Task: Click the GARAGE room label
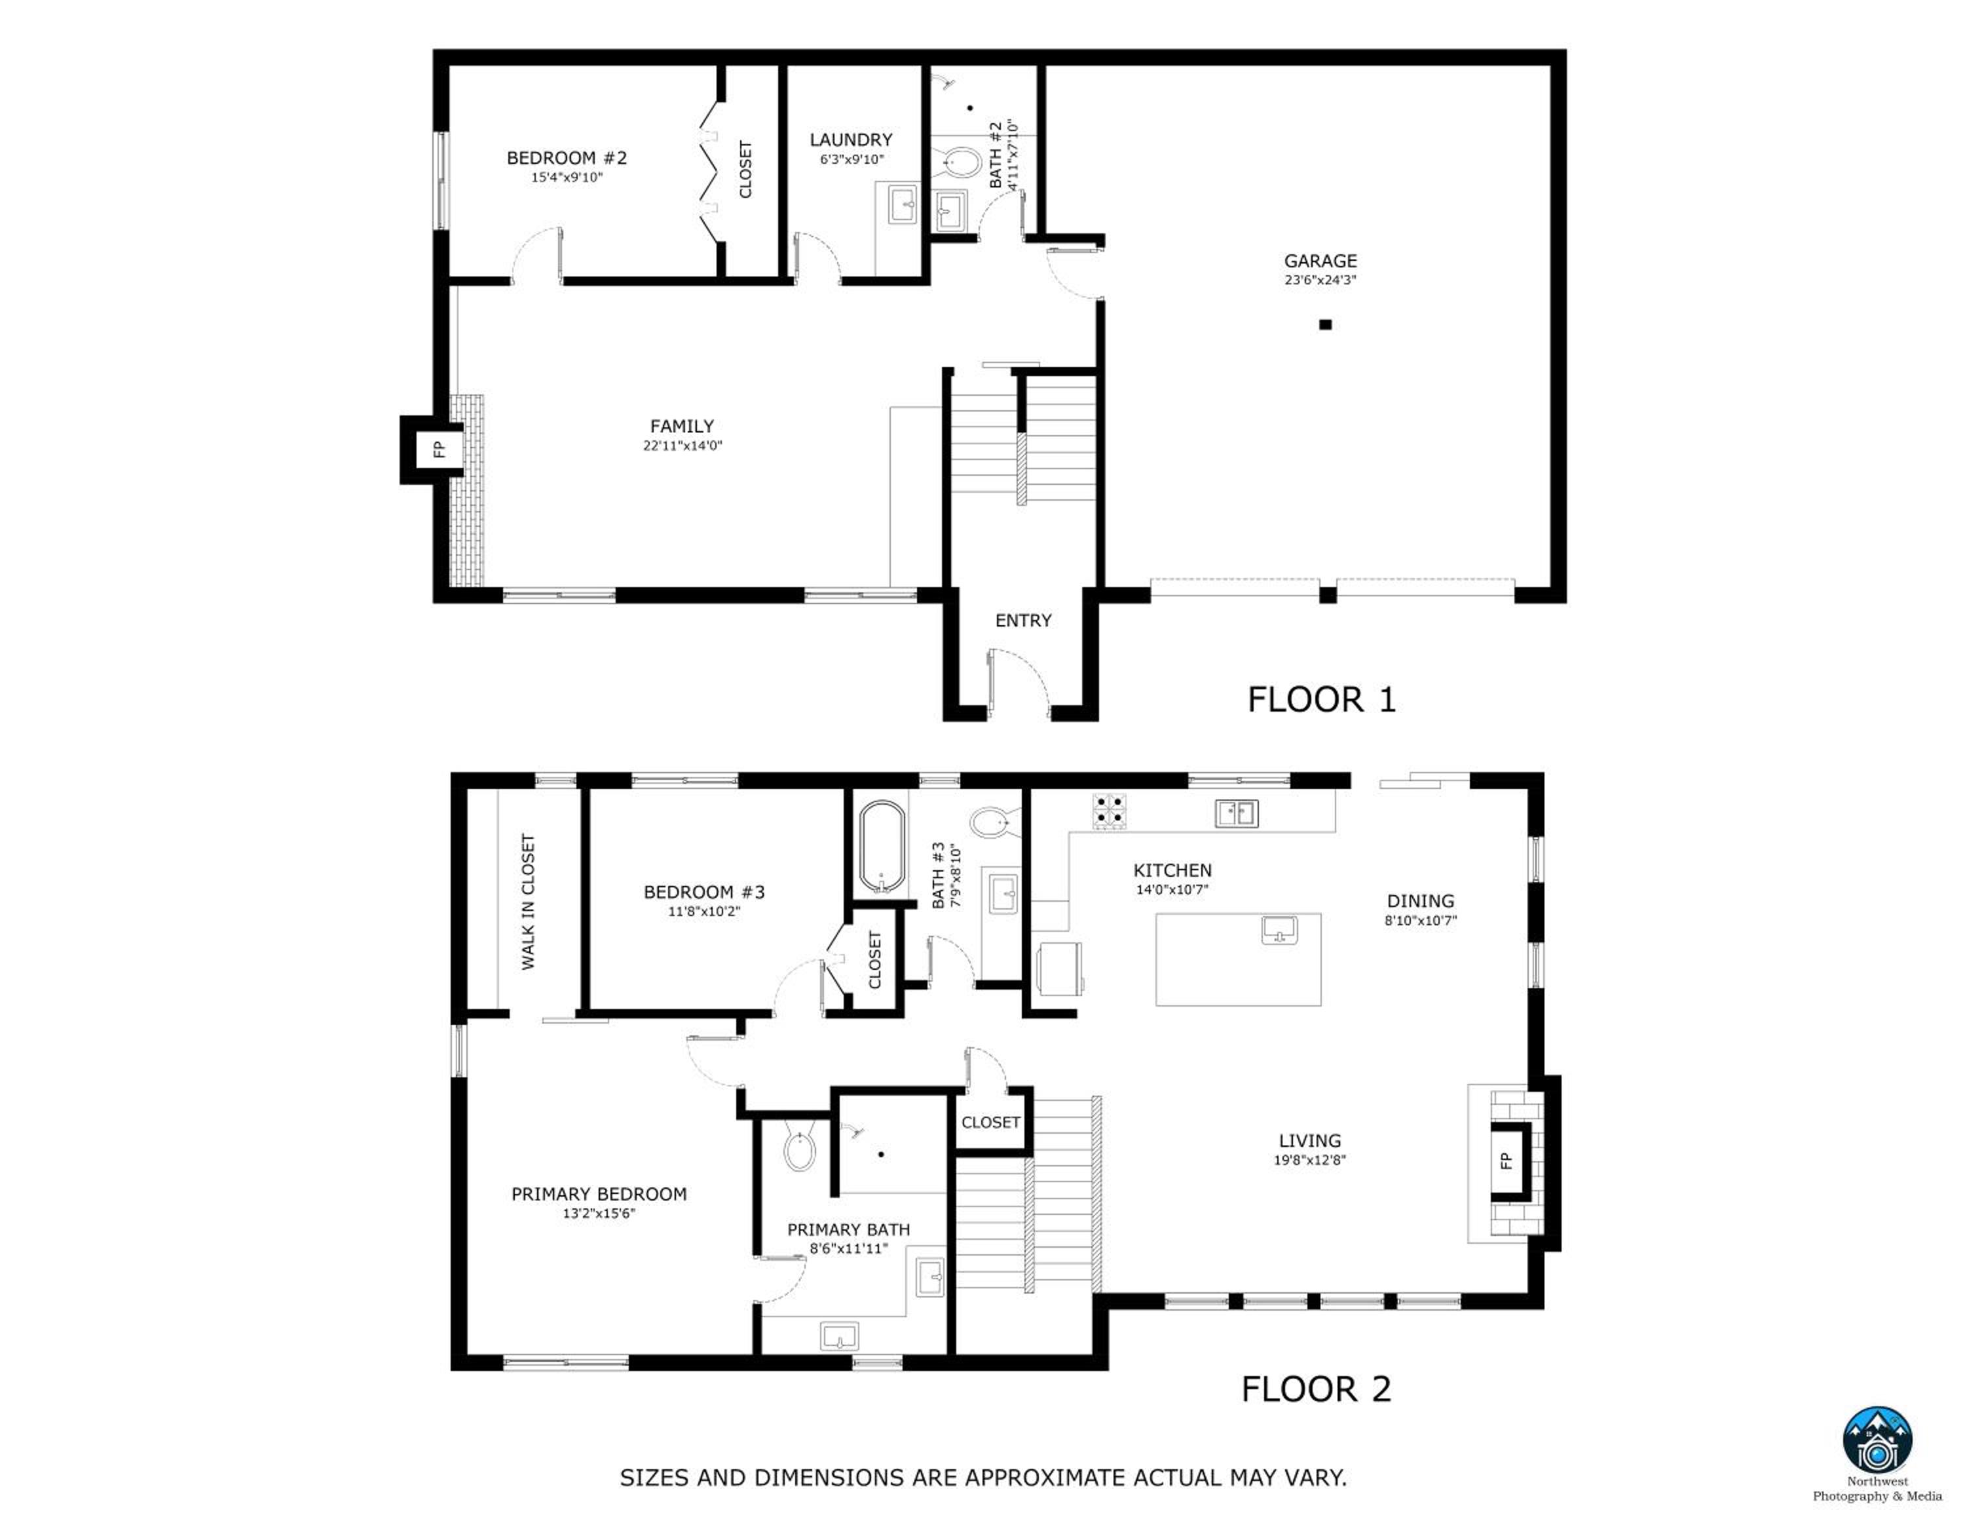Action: [1320, 261]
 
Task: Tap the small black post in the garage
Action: [1325, 325]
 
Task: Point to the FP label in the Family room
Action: [439, 448]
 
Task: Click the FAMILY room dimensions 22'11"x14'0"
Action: [682, 446]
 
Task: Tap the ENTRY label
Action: [1023, 620]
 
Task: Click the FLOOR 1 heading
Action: [1320, 699]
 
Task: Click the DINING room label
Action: [1420, 901]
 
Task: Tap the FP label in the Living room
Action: [1506, 1161]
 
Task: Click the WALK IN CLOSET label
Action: [527, 902]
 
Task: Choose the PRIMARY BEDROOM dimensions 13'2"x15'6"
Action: [599, 1214]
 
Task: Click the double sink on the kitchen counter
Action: [1236, 813]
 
